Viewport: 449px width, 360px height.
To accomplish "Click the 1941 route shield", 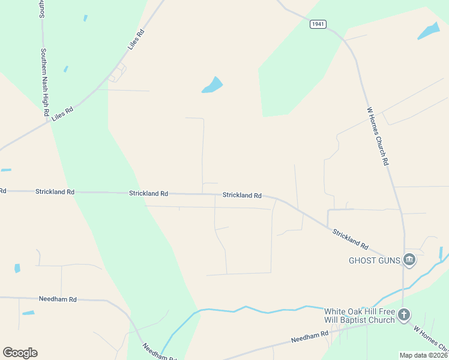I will tap(318, 24).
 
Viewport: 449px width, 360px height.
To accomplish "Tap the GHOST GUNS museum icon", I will tap(409, 260).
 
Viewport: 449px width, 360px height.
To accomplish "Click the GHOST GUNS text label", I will tap(375, 260).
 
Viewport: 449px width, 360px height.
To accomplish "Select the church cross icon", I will tap(405, 314).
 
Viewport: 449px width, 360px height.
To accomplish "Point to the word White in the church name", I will tap(336, 311).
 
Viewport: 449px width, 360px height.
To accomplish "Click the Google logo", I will tap(20, 353).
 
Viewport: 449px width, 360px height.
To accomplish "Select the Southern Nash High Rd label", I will tap(44, 83).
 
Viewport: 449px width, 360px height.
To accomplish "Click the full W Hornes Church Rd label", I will tap(378, 136).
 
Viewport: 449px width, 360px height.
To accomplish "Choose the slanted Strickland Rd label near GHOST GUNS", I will tap(351, 238).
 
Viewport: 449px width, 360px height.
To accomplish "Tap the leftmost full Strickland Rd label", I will tap(55, 192).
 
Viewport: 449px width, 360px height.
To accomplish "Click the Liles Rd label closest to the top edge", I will tap(136, 40).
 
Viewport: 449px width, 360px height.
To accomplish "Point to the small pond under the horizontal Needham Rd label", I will tap(28, 313).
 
